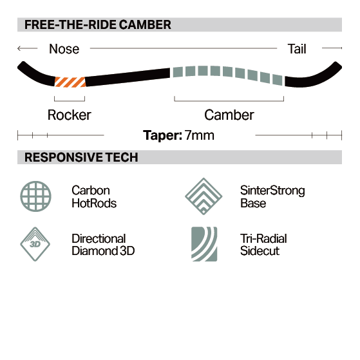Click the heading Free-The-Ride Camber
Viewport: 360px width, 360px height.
coord(98,24)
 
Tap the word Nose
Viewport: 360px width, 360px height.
coord(64,49)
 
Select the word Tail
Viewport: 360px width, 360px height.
coord(297,49)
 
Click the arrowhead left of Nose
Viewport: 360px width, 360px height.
coord(19,48)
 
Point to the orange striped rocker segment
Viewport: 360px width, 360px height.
coord(70,82)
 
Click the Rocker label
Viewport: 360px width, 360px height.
coord(70,115)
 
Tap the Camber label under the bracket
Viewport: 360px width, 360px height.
coord(229,115)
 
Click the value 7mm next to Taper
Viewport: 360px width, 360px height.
coord(199,135)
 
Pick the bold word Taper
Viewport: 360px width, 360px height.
coord(162,135)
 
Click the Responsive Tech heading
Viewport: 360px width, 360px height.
coord(81,157)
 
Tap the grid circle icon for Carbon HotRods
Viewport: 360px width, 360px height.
coord(36,196)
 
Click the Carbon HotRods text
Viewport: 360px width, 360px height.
coord(94,197)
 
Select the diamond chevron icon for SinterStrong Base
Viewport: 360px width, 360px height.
coord(204,196)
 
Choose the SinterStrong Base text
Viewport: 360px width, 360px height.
coord(272,197)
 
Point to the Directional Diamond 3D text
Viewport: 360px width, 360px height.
coord(103,245)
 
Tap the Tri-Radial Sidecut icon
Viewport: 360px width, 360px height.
coord(204,244)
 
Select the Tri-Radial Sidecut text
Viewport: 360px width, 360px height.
coord(263,245)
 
